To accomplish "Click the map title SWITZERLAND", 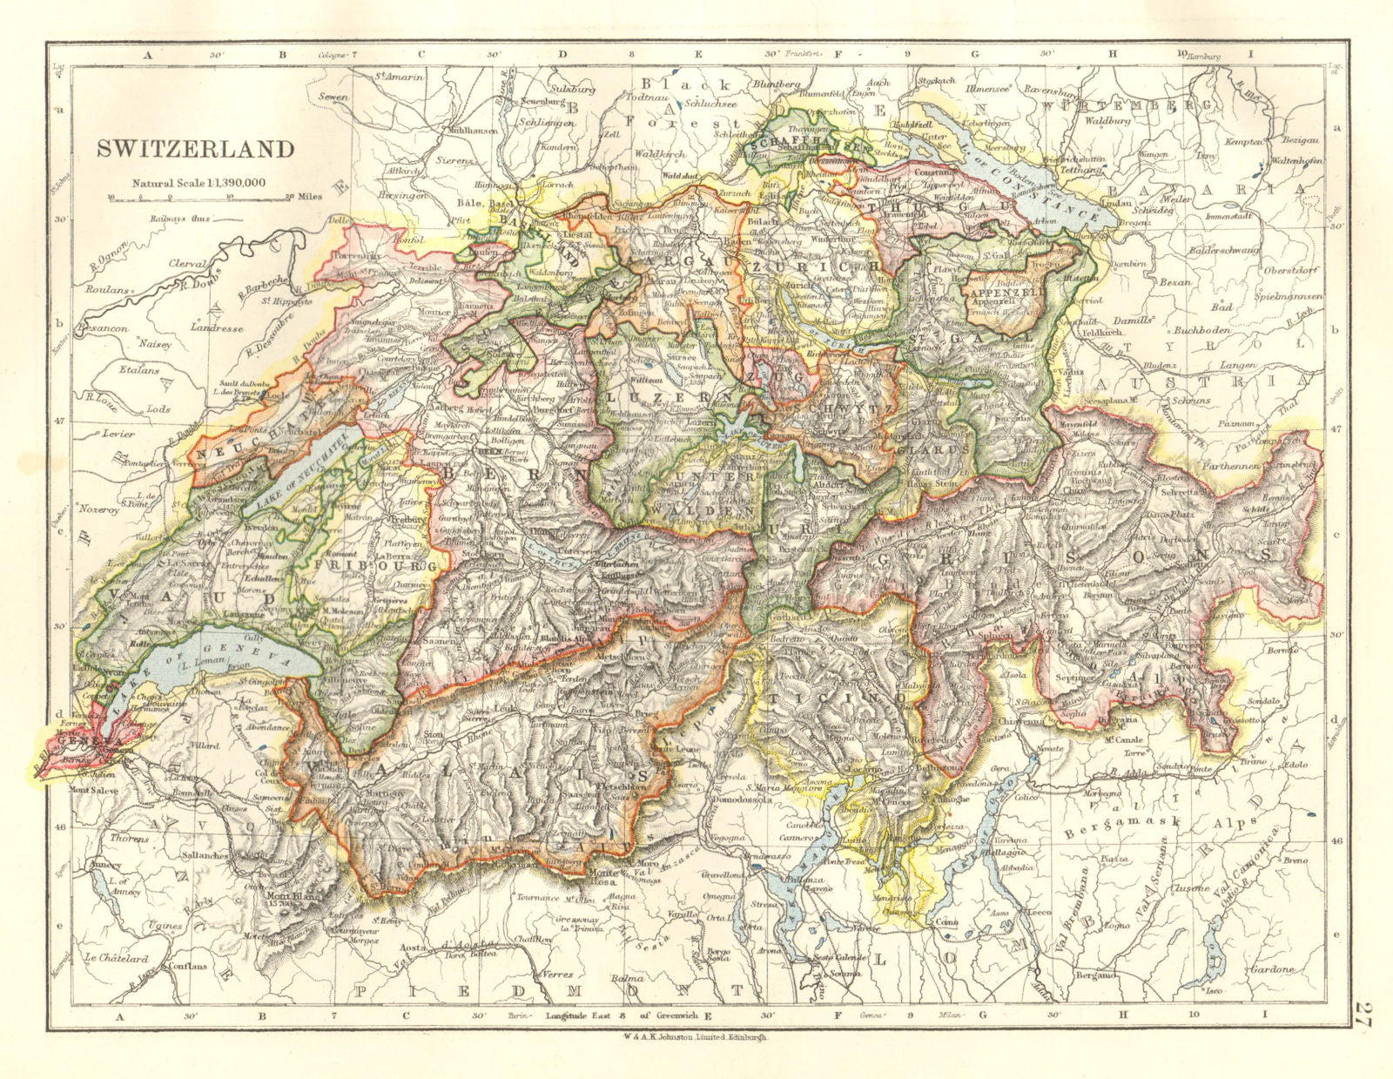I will click(195, 149).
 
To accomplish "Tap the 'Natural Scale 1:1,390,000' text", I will click(199, 183).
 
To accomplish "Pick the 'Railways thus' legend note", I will click(180, 219).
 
